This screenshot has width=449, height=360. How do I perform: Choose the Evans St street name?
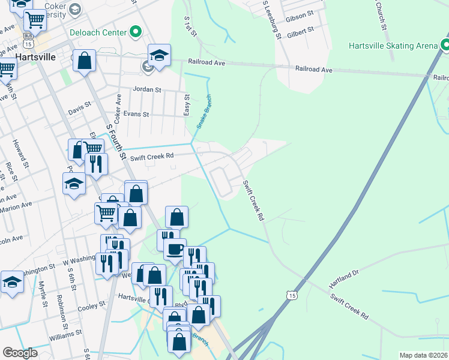136,113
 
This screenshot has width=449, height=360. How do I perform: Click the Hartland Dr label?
343,278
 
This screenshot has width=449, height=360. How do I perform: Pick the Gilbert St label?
301,30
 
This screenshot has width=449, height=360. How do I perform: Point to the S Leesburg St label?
271,20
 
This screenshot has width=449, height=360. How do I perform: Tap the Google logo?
20,353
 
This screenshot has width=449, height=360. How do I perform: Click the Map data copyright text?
424,355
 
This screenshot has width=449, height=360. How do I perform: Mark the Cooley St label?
92,306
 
